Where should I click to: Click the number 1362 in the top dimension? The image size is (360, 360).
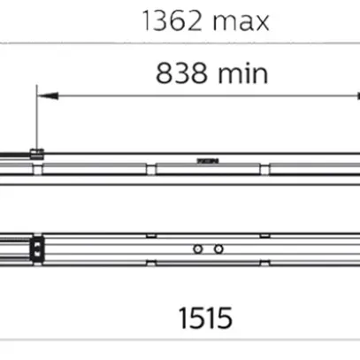pos(172,21)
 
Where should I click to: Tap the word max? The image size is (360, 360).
pos(241,22)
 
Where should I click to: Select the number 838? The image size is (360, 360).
pos(181,73)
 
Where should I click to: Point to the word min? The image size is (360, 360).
pos(243,73)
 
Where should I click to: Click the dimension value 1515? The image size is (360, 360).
pos(205,318)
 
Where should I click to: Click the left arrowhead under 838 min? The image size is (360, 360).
pos(48,96)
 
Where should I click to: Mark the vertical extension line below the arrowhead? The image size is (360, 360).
pos(37,118)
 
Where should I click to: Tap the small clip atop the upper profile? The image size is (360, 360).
pos(37,155)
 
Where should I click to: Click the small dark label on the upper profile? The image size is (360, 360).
pos(208,161)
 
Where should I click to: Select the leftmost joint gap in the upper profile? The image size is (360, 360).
pos(37,170)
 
